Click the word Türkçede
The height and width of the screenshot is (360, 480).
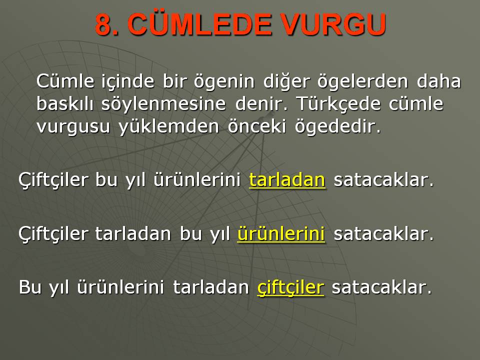coord(338,104)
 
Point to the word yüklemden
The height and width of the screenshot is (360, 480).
coord(168,126)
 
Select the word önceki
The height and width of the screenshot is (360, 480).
coord(257,126)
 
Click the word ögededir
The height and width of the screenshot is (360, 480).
coord(337,126)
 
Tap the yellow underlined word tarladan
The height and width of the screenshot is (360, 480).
coord(287,179)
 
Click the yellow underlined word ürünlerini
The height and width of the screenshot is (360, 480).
coord(281,233)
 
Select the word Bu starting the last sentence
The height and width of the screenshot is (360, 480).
coord(30,287)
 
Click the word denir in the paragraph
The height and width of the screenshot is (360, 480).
coord(261,103)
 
